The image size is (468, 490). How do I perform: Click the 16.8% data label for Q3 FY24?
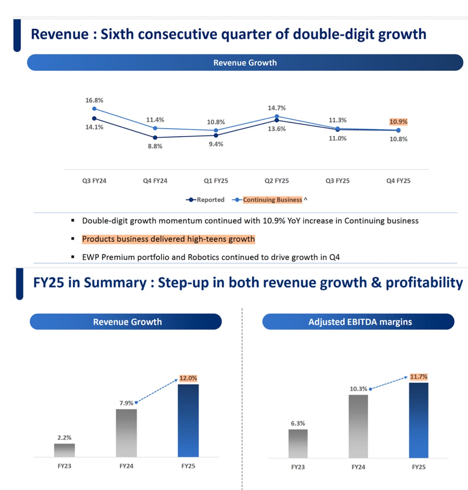click(94, 100)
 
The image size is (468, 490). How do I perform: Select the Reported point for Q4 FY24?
click(155, 137)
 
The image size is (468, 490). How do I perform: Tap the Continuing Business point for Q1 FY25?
click(216, 130)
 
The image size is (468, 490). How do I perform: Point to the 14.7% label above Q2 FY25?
click(276, 108)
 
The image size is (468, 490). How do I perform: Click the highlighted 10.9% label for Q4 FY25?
click(398, 122)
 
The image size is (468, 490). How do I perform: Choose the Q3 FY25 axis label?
click(337, 181)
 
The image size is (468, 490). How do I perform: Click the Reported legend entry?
click(205, 200)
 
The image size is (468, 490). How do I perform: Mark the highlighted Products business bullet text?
click(168, 239)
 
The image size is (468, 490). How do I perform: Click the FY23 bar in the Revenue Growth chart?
click(65, 450)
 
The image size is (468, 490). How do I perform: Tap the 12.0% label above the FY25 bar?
click(188, 378)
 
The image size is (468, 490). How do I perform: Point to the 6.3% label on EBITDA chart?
click(298, 423)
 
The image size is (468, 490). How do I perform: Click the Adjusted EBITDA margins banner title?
click(360, 322)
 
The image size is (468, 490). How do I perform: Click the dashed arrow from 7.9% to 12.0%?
click(157, 391)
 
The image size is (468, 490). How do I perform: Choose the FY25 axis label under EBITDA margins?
click(419, 467)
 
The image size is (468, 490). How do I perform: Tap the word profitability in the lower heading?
click(424, 283)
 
